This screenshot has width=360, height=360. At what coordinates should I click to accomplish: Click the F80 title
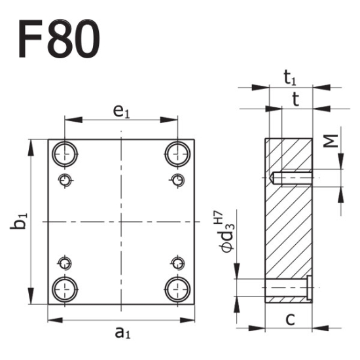point(59,37)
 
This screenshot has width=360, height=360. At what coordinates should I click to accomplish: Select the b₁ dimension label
point(22,221)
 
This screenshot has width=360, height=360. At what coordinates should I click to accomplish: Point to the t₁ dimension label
point(291,78)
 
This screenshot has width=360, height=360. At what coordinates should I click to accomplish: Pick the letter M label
point(333,141)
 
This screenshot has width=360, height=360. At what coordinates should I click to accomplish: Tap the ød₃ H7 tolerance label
point(223,232)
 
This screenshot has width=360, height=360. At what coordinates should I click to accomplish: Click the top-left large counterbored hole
point(65,154)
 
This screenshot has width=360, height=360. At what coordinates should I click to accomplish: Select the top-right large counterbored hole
point(177,154)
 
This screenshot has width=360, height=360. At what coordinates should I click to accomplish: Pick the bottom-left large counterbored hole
point(65,287)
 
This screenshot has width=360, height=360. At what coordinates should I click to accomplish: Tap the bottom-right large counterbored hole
point(177,287)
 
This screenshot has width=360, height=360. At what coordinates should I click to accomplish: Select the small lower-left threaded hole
point(65,263)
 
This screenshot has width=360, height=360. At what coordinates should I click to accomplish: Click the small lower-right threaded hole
point(176,263)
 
